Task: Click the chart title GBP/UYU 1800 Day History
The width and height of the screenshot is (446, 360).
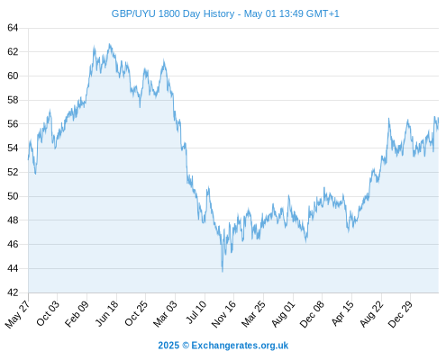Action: [x=173, y=13]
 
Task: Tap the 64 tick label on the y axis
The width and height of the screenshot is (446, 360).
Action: [x=13, y=28]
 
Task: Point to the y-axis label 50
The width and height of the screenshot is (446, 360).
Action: [x=13, y=196]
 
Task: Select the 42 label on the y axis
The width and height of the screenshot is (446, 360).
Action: [x=13, y=292]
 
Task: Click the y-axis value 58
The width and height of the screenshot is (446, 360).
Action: [x=13, y=100]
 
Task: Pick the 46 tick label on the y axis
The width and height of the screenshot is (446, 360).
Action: [x=13, y=244]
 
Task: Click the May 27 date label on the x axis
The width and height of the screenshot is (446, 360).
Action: [x=17, y=314]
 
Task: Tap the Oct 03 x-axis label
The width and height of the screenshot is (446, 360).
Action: [x=48, y=313]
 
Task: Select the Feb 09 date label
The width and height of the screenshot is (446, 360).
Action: [x=77, y=313]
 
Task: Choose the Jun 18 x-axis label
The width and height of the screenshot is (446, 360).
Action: [x=107, y=313]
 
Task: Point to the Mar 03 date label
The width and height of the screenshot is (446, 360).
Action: [x=165, y=313]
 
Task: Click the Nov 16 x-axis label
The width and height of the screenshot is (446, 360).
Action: [x=223, y=314]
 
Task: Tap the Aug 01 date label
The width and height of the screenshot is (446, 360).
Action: [x=283, y=313]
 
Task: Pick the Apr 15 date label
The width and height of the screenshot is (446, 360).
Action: [x=342, y=313]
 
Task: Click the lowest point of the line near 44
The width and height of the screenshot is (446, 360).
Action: [x=223, y=272]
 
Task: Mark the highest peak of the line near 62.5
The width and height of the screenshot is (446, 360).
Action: [x=110, y=44]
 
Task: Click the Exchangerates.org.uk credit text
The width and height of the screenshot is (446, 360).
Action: [x=240, y=346]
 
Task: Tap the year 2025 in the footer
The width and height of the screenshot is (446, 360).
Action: [x=168, y=346]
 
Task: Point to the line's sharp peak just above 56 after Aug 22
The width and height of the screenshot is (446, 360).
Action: [x=389, y=119]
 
